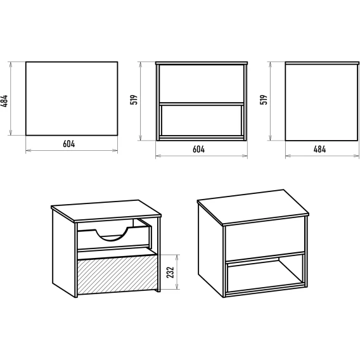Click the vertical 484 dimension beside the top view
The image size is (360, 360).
click(x=4, y=101)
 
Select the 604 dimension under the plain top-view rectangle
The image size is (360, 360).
click(x=69, y=144)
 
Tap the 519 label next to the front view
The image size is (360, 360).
click(x=134, y=100)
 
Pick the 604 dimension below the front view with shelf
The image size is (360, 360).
click(x=198, y=149)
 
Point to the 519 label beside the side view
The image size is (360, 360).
click(x=264, y=100)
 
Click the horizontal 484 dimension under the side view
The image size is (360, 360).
click(x=319, y=149)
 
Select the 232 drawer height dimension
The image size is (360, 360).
click(x=170, y=273)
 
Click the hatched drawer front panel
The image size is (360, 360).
click(x=117, y=274)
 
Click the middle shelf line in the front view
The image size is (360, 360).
click(x=202, y=104)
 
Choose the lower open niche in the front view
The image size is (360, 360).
click(x=202, y=120)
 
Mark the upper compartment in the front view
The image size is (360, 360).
click(x=202, y=84)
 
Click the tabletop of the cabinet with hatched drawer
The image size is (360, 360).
click(x=106, y=210)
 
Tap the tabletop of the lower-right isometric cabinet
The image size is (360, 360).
click(x=253, y=206)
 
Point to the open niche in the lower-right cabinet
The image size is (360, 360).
click(x=266, y=274)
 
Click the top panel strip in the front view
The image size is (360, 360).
click(x=202, y=63)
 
